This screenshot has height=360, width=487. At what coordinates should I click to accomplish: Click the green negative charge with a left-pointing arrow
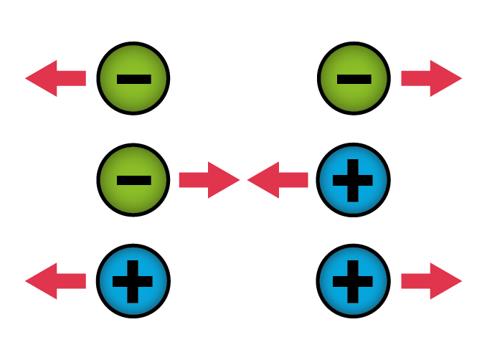[x=133, y=78]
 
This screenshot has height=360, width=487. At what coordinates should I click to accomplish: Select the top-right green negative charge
[x=354, y=78]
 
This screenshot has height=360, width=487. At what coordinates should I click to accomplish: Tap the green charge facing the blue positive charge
[x=133, y=179]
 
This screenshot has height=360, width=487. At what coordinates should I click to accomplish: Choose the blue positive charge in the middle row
[x=354, y=179]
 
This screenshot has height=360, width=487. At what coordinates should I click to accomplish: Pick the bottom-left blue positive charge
[x=133, y=280]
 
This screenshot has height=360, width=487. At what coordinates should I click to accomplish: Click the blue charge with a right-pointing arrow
[x=354, y=280]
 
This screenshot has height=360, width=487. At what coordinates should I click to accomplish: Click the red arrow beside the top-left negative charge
[x=55, y=78]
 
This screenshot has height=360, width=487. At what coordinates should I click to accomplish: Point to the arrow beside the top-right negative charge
[x=431, y=78]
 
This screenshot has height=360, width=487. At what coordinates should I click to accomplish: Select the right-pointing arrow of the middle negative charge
[x=208, y=179]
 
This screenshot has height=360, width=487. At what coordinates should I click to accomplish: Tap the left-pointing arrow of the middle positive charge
[x=278, y=179]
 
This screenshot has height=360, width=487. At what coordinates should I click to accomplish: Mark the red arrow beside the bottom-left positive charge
[x=55, y=280]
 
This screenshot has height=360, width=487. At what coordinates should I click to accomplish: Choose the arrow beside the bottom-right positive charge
[x=431, y=280]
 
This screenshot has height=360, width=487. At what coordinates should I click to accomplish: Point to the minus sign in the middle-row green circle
[x=133, y=180]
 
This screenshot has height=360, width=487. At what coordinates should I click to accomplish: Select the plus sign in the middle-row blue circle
[x=354, y=180]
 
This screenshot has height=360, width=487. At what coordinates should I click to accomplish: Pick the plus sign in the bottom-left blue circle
[x=133, y=281]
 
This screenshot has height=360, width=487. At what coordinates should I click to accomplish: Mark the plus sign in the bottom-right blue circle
[x=354, y=281]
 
